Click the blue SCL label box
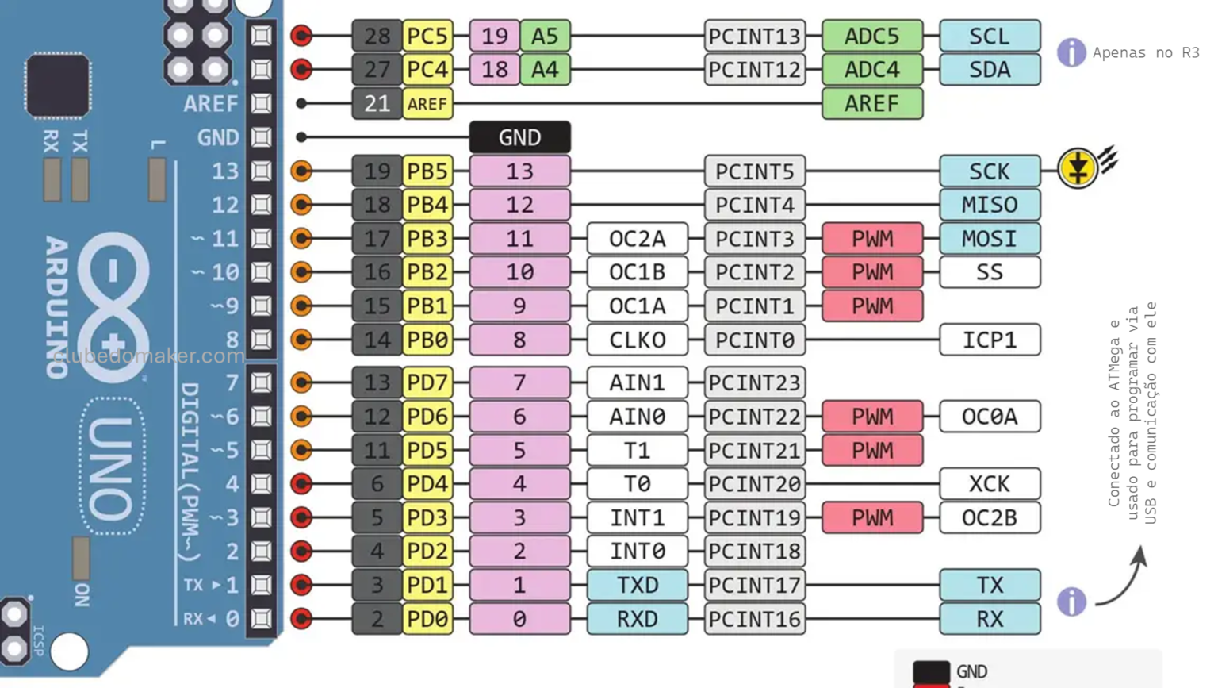(989, 37)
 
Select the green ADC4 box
(871, 70)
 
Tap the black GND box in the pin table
(519, 137)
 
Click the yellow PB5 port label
(427, 171)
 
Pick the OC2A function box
(637, 239)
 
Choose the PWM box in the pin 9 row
(871, 306)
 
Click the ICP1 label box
(989, 340)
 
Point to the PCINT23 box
(754, 382)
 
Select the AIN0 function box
(637, 417)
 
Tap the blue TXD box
(637, 586)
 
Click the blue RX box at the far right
(989, 619)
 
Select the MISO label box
(989, 205)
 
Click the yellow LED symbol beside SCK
(1077, 168)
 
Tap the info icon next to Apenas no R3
(1071, 52)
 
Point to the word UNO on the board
(111, 468)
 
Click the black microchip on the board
(57, 85)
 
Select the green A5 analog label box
(545, 37)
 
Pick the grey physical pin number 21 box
(377, 104)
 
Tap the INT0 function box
(637, 552)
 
